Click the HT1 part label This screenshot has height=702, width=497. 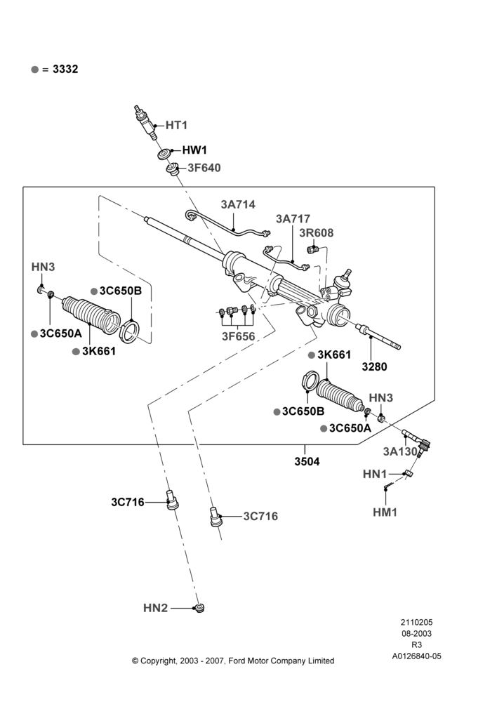(176, 126)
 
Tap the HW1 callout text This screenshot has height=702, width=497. (194, 150)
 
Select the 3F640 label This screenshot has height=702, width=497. (204, 168)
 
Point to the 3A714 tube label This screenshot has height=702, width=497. (238, 204)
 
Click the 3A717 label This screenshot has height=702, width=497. (293, 219)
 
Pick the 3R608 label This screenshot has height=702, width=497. (317, 233)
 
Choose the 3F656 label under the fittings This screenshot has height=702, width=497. (238, 337)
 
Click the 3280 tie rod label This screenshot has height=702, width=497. (374, 367)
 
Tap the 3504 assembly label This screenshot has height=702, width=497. (307, 462)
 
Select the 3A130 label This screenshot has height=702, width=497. (400, 451)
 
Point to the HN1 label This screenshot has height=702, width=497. (375, 474)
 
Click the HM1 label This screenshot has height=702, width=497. (385, 512)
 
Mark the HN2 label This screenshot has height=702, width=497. (155, 608)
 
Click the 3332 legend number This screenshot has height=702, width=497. (65, 69)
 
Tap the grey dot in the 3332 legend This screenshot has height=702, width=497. (35, 69)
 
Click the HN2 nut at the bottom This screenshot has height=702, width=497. (199, 607)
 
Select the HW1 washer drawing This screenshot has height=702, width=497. (164, 153)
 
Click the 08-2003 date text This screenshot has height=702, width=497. (416, 633)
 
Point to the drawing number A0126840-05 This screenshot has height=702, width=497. (416, 656)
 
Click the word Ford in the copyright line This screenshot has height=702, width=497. (237, 661)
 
